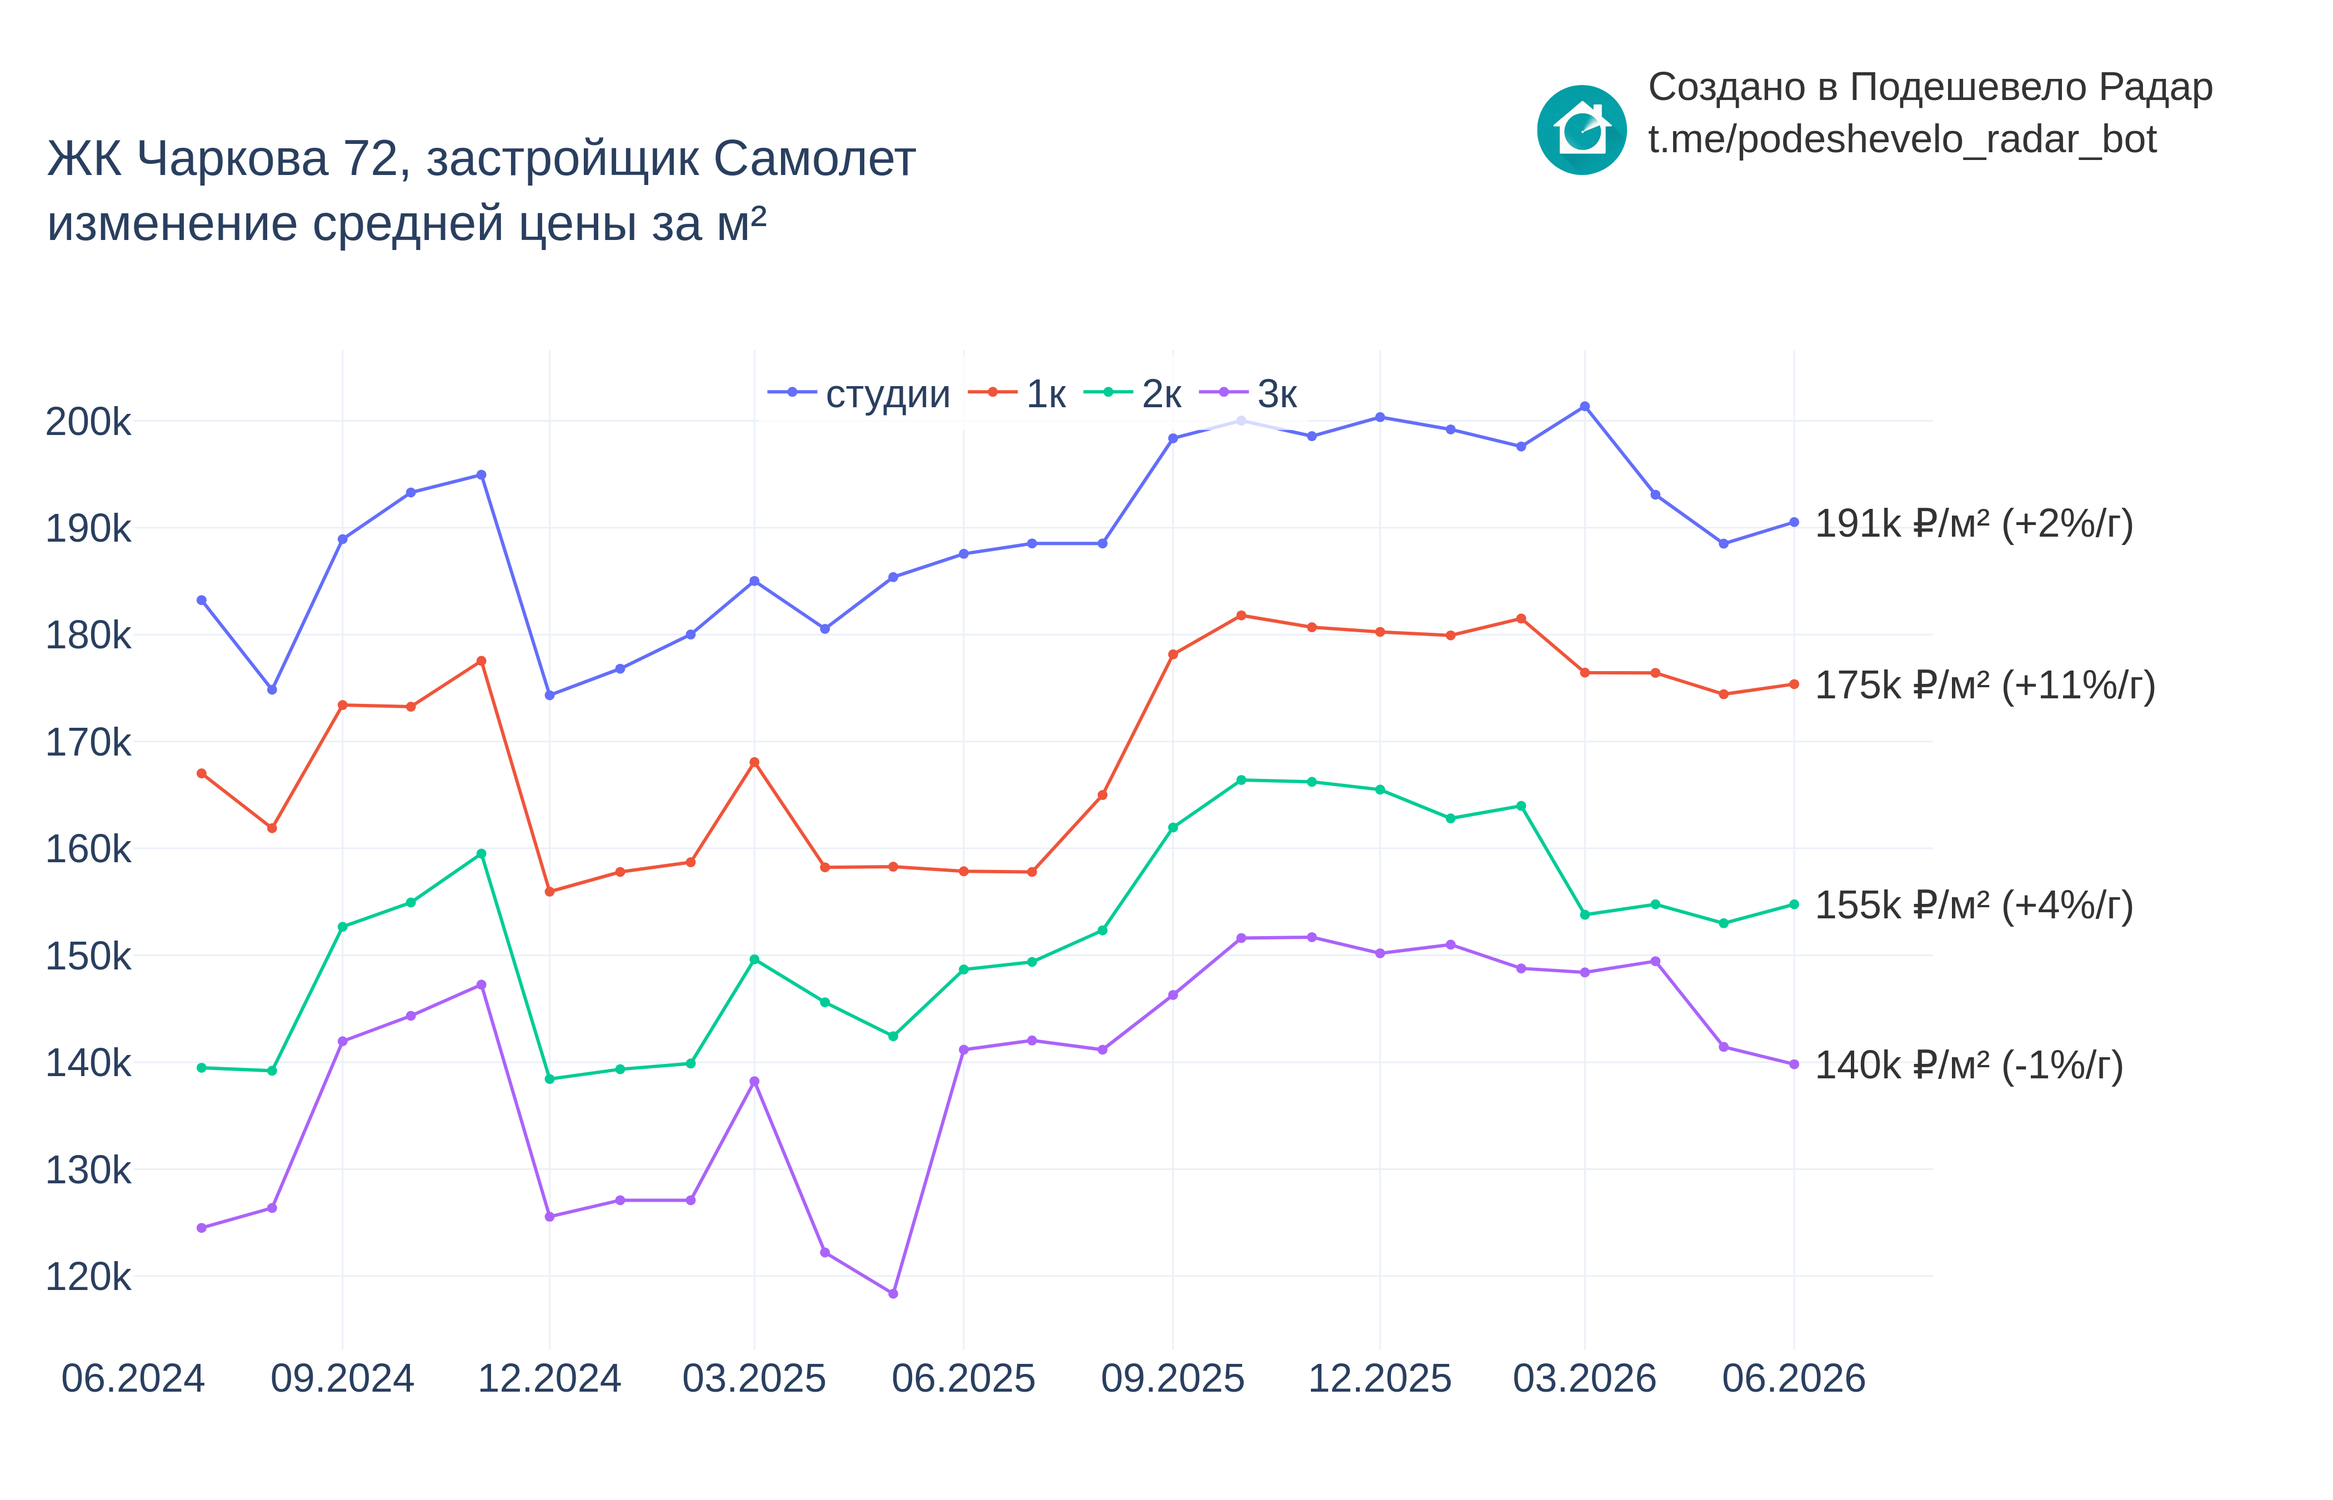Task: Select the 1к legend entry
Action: (x=1017, y=393)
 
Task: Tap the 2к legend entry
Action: (x=1133, y=393)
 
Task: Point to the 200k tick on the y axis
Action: (x=88, y=422)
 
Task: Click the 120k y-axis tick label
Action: (x=88, y=1276)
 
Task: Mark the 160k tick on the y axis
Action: (x=88, y=848)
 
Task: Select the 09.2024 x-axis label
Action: (x=342, y=1378)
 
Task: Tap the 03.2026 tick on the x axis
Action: (x=1584, y=1378)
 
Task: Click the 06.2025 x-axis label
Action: (x=963, y=1378)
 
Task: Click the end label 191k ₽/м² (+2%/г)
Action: (x=1974, y=524)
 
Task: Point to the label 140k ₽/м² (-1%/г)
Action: (x=1969, y=1066)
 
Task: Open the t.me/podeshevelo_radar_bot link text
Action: (x=1901, y=139)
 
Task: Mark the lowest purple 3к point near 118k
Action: (x=893, y=1293)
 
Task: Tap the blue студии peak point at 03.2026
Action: (x=1584, y=406)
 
